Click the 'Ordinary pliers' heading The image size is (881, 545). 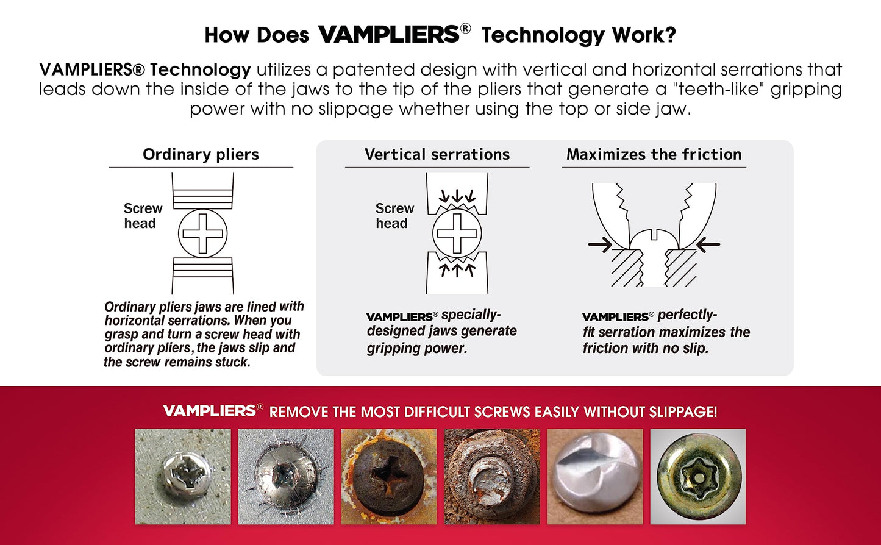pos(201,155)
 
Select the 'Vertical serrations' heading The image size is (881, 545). pos(437,155)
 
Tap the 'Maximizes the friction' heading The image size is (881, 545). pos(654,155)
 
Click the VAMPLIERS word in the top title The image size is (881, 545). pos(388,35)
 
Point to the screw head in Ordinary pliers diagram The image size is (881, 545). pos(202,233)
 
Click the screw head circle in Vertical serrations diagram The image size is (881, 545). pos(457,233)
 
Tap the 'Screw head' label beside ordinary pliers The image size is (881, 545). pos(143,216)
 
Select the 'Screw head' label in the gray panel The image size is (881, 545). pos(394,216)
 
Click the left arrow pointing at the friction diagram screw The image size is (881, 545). pos(600,245)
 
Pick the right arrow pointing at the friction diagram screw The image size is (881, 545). pos(708,245)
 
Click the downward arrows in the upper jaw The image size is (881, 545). pos(457,196)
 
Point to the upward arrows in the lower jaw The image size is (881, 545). pos(457,269)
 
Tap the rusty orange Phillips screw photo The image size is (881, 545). pos(389,476)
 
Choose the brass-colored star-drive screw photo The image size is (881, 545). pos(697,476)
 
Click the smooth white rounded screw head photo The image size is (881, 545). pos(594,476)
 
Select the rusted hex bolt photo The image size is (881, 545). pos(492,476)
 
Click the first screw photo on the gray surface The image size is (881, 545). pos(183,476)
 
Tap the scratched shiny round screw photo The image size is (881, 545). pos(286,476)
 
